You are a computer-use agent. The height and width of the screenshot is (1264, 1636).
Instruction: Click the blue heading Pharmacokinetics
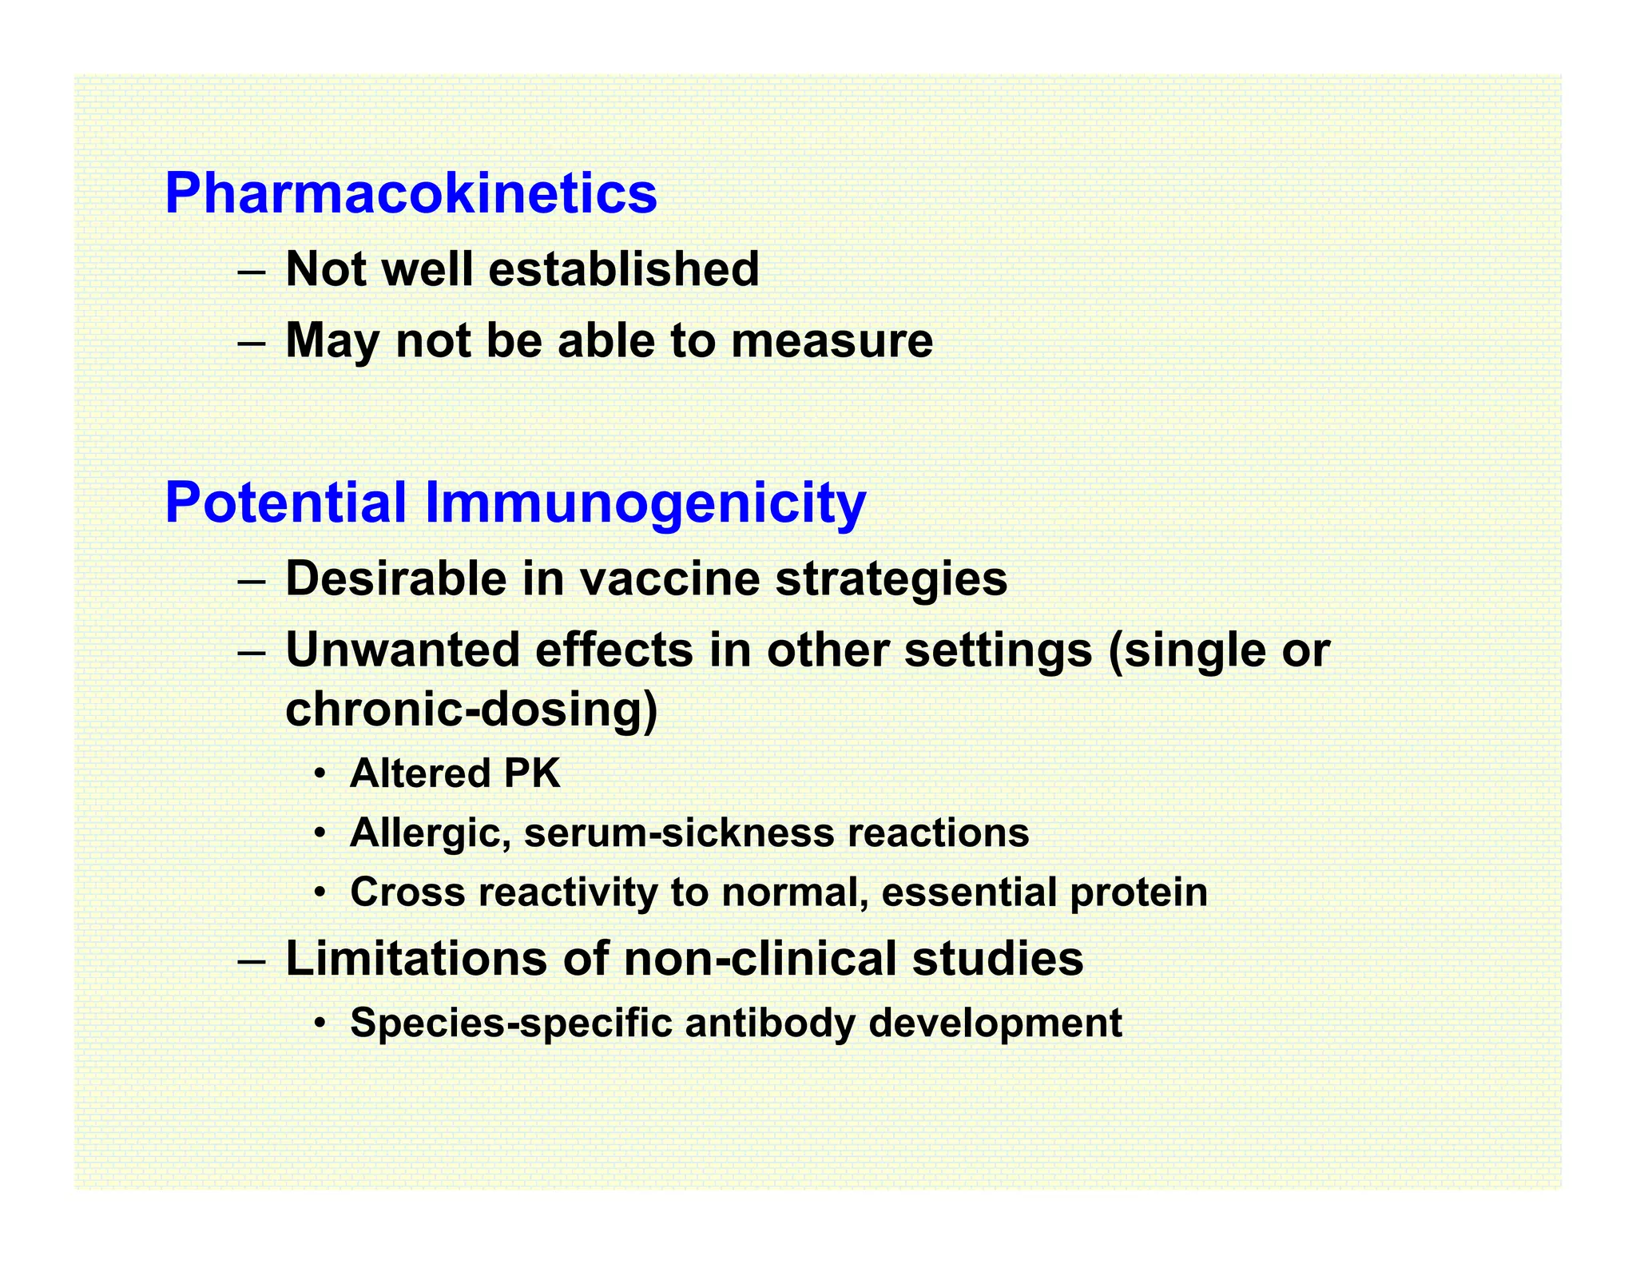(411, 193)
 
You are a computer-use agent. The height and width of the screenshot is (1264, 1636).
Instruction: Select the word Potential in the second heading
(286, 503)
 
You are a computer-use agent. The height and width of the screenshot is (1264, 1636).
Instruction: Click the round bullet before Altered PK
(320, 774)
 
